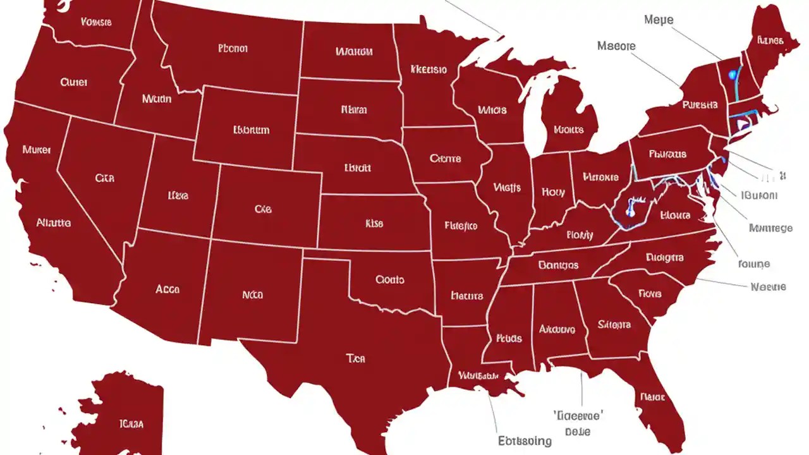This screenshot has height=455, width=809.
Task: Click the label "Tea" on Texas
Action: [x=356, y=358]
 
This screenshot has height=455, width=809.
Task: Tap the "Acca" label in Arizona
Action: [x=167, y=289]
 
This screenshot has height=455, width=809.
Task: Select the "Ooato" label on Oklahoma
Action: [x=389, y=279]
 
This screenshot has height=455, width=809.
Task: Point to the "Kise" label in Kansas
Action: [x=374, y=223]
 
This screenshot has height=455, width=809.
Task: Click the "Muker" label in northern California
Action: [x=37, y=150]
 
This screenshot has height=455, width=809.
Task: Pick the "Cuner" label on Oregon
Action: [x=74, y=82]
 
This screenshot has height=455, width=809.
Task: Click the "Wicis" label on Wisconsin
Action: [x=492, y=110]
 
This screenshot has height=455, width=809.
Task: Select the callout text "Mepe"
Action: [x=659, y=20]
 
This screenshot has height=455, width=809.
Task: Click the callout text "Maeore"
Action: [x=616, y=46]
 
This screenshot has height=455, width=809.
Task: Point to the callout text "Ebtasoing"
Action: [x=525, y=440]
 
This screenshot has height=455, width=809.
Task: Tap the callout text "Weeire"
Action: [x=768, y=286]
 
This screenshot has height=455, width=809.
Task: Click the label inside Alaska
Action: [x=131, y=423]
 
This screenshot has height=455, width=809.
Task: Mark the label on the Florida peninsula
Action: [x=652, y=397]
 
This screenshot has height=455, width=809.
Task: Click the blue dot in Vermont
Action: [x=733, y=75]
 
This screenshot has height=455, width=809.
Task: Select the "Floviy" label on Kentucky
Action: [x=580, y=235]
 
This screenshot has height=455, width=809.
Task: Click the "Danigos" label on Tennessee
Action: [x=558, y=265]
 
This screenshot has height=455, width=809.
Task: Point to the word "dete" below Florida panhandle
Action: [x=578, y=432]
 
